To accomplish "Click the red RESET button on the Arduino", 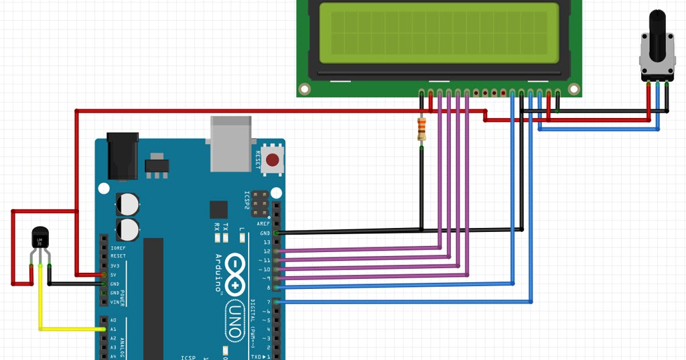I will click(x=272, y=160).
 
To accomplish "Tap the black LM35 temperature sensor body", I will click(x=40, y=238).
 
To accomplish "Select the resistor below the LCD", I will click(x=421, y=129).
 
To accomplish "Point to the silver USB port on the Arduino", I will click(x=230, y=143).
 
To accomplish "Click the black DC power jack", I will click(x=123, y=156).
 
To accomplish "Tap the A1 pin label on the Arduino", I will click(x=113, y=329).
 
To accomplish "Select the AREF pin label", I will click(x=264, y=224).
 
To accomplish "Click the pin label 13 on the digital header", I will click(x=266, y=242).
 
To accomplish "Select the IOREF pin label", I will click(x=117, y=247).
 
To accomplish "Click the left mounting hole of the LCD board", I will click(x=305, y=88).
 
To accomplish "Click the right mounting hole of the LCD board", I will click(x=573, y=88).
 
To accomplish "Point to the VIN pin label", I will click(x=115, y=302).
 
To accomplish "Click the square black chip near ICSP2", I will click(x=218, y=210).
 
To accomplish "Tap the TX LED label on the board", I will click(x=225, y=228).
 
